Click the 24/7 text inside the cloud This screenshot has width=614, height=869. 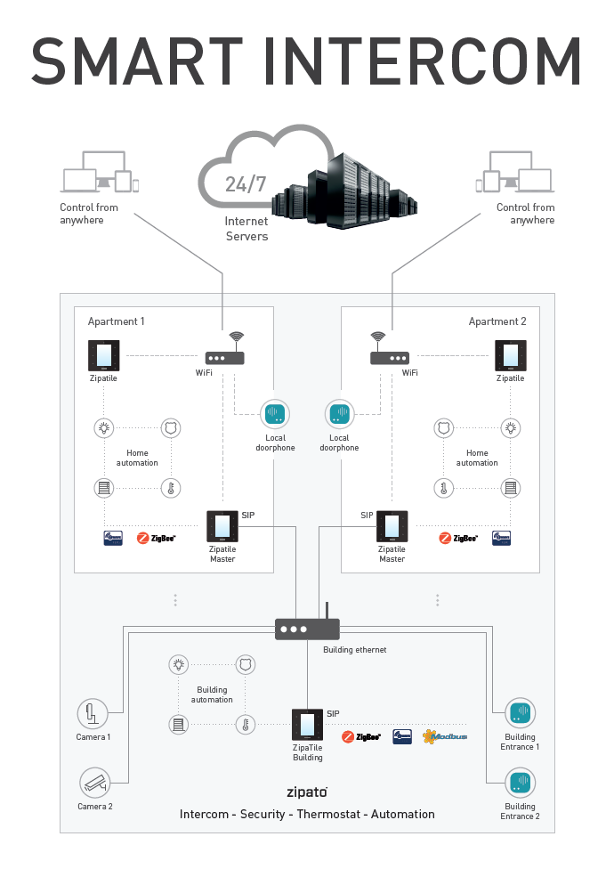pos(246,184)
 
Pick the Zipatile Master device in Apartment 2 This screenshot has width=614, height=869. pos(392,526)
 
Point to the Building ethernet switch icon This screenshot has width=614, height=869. pos(306,629)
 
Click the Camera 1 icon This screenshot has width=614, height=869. pos(93,714)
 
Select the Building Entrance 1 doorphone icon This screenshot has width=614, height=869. pos(521,714)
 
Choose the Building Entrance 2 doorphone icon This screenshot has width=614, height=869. pos(521,784)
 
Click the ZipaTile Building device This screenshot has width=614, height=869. pos(307,724)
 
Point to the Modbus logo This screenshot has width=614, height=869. pos(445,736)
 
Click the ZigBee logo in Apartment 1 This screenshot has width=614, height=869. pos(157,538)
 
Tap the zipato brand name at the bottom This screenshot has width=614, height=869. pos(307,791)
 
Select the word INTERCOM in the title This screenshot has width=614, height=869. pos(430,61)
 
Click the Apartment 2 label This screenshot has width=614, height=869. pos(497,321)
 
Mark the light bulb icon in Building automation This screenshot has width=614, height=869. pos(180,664)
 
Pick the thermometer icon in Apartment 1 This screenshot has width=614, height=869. pos(170,488)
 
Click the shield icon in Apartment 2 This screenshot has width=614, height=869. pos(443,429)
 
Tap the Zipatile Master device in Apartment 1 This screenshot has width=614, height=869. pos(222,526)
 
